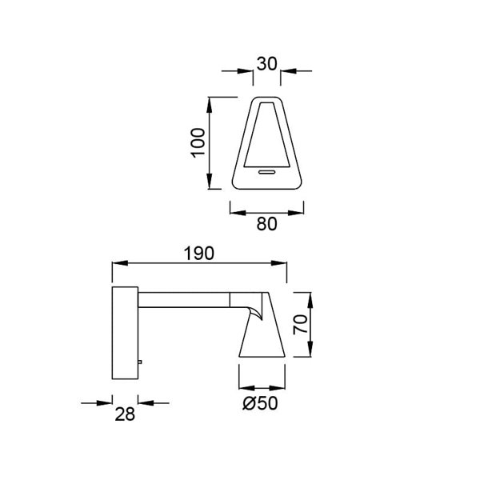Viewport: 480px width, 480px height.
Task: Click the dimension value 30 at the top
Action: (x=266, y=62)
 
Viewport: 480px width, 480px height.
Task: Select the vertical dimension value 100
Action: (x=199, y=143)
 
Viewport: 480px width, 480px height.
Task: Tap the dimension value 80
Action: (x=266, y=225)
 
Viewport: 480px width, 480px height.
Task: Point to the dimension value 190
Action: (x=198, y=253)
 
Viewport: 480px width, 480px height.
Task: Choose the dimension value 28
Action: (x=125, y=414)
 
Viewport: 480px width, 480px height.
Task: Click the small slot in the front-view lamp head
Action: (x=266, y=170)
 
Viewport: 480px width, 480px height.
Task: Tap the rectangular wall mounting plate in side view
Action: (x=124, y=332)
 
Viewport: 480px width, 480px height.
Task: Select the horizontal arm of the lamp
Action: (x=184, y=300)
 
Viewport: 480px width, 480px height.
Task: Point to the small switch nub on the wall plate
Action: (x=139, y=363)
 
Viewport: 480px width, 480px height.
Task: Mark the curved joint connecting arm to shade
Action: (x=254, y=308)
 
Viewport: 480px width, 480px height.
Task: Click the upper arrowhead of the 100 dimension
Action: (x=210, y=102)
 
